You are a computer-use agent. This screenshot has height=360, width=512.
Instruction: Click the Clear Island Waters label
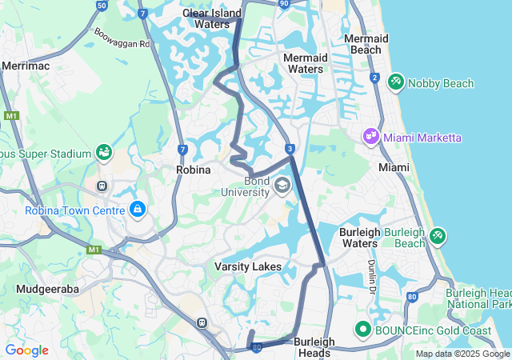click(206, 18)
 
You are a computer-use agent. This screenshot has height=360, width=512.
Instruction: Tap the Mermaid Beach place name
click(366, 44)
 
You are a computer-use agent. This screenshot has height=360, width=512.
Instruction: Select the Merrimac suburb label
click(26, 66)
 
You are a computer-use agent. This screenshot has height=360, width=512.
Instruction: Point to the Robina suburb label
click(193, 170)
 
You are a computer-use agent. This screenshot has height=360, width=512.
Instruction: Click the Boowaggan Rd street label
click(122, 38)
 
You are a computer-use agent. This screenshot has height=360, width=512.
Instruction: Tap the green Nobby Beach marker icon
click(395, 82)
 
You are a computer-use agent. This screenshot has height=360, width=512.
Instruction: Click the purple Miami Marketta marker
click(370, 137)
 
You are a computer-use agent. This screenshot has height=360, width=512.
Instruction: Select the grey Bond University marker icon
click(282, 186)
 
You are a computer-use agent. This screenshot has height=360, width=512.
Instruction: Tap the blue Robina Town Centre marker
click(138, 210)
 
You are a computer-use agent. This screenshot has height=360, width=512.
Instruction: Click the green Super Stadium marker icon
click(103, 152)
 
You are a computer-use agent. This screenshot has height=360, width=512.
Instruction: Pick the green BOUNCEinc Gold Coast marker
click(362, 329)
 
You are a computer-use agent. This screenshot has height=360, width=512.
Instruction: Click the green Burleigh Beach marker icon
click(438, 236)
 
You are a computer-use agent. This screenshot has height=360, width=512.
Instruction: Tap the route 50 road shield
click(102, 5)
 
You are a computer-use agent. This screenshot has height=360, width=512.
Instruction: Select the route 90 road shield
click(284, 4)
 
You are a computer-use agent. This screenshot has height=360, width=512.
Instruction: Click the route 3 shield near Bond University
click(290, 149)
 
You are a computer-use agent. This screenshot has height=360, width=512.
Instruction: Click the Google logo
click(26, 350)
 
